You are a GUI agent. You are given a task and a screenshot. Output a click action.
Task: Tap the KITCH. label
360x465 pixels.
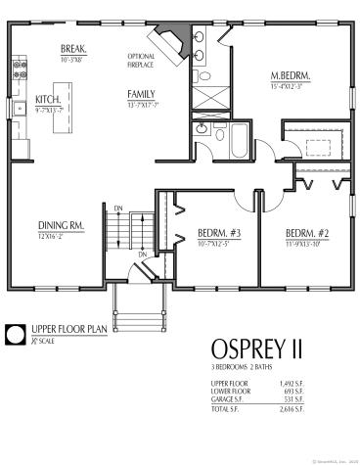(49, 99)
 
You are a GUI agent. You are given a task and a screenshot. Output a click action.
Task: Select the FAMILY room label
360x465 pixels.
(141, 94)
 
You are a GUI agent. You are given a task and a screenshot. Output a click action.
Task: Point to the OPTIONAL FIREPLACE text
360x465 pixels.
(141, 62)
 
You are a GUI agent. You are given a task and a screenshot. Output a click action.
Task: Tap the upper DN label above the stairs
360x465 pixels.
(117, 208)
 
